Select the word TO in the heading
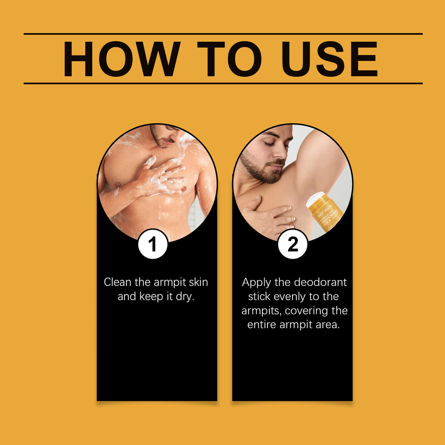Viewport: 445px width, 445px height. (x=229, y=59)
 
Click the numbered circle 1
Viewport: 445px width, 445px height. (x=153, y=244)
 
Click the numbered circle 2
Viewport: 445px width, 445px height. (x=293, y=244)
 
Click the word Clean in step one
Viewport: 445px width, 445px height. (x=117, y=282)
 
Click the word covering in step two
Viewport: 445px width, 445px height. (x=306, y=310)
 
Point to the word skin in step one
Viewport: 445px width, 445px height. (x=198, y=282)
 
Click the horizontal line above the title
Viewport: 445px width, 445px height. (x=223, y=34)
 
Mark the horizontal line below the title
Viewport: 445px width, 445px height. (x=223, y=83)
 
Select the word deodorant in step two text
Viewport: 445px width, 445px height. (x=320, y=282)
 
